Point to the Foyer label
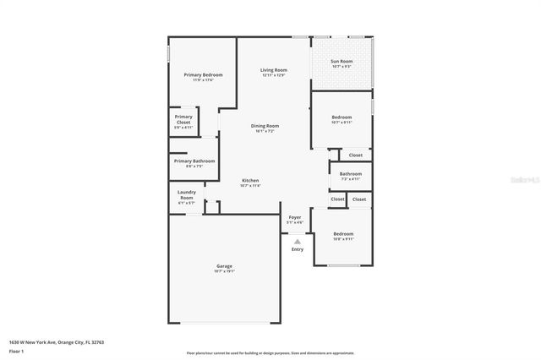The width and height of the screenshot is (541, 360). (x=295, y=219)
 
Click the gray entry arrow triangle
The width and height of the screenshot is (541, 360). (x=297, y=241)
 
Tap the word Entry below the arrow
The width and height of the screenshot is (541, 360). (x=297, y=249)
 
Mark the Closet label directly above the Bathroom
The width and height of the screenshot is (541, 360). (x=355, y=155)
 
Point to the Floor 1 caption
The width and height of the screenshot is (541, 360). (x=17, y=351)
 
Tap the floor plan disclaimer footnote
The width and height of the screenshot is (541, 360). (x=270, y=352)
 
